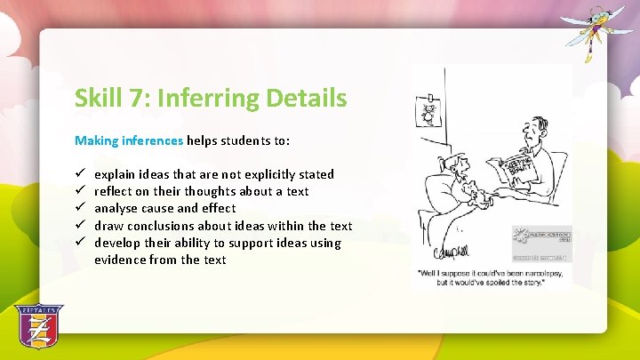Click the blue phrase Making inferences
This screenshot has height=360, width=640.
coord(129,140)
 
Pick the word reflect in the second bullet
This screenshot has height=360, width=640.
coord(114,191)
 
